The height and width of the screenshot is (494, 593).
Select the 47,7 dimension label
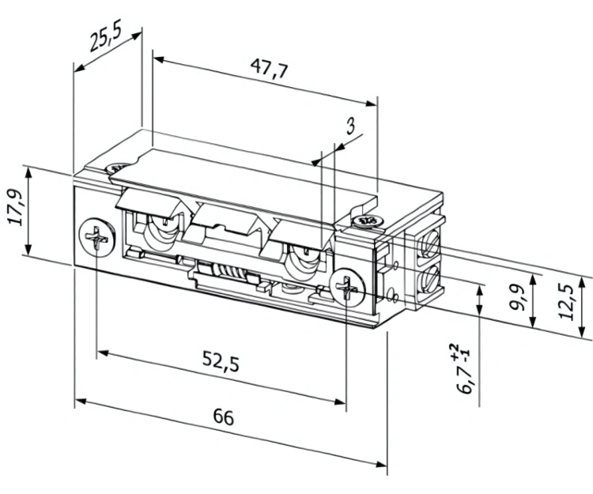[270, 69]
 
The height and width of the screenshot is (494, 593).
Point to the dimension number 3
[350, 126]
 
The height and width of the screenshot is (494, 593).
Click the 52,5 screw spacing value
[221, 362]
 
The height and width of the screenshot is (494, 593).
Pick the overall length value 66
[224, 417]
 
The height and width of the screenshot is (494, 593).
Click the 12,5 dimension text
[566, 302]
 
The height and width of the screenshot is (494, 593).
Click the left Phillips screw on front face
[97, 237]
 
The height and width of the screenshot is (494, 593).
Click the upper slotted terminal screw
[429, 245]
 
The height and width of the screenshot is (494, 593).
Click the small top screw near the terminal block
[367, 221]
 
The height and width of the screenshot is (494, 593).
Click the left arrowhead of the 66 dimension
[81, 401]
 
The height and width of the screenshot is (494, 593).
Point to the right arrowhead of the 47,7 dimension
[371, 104]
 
